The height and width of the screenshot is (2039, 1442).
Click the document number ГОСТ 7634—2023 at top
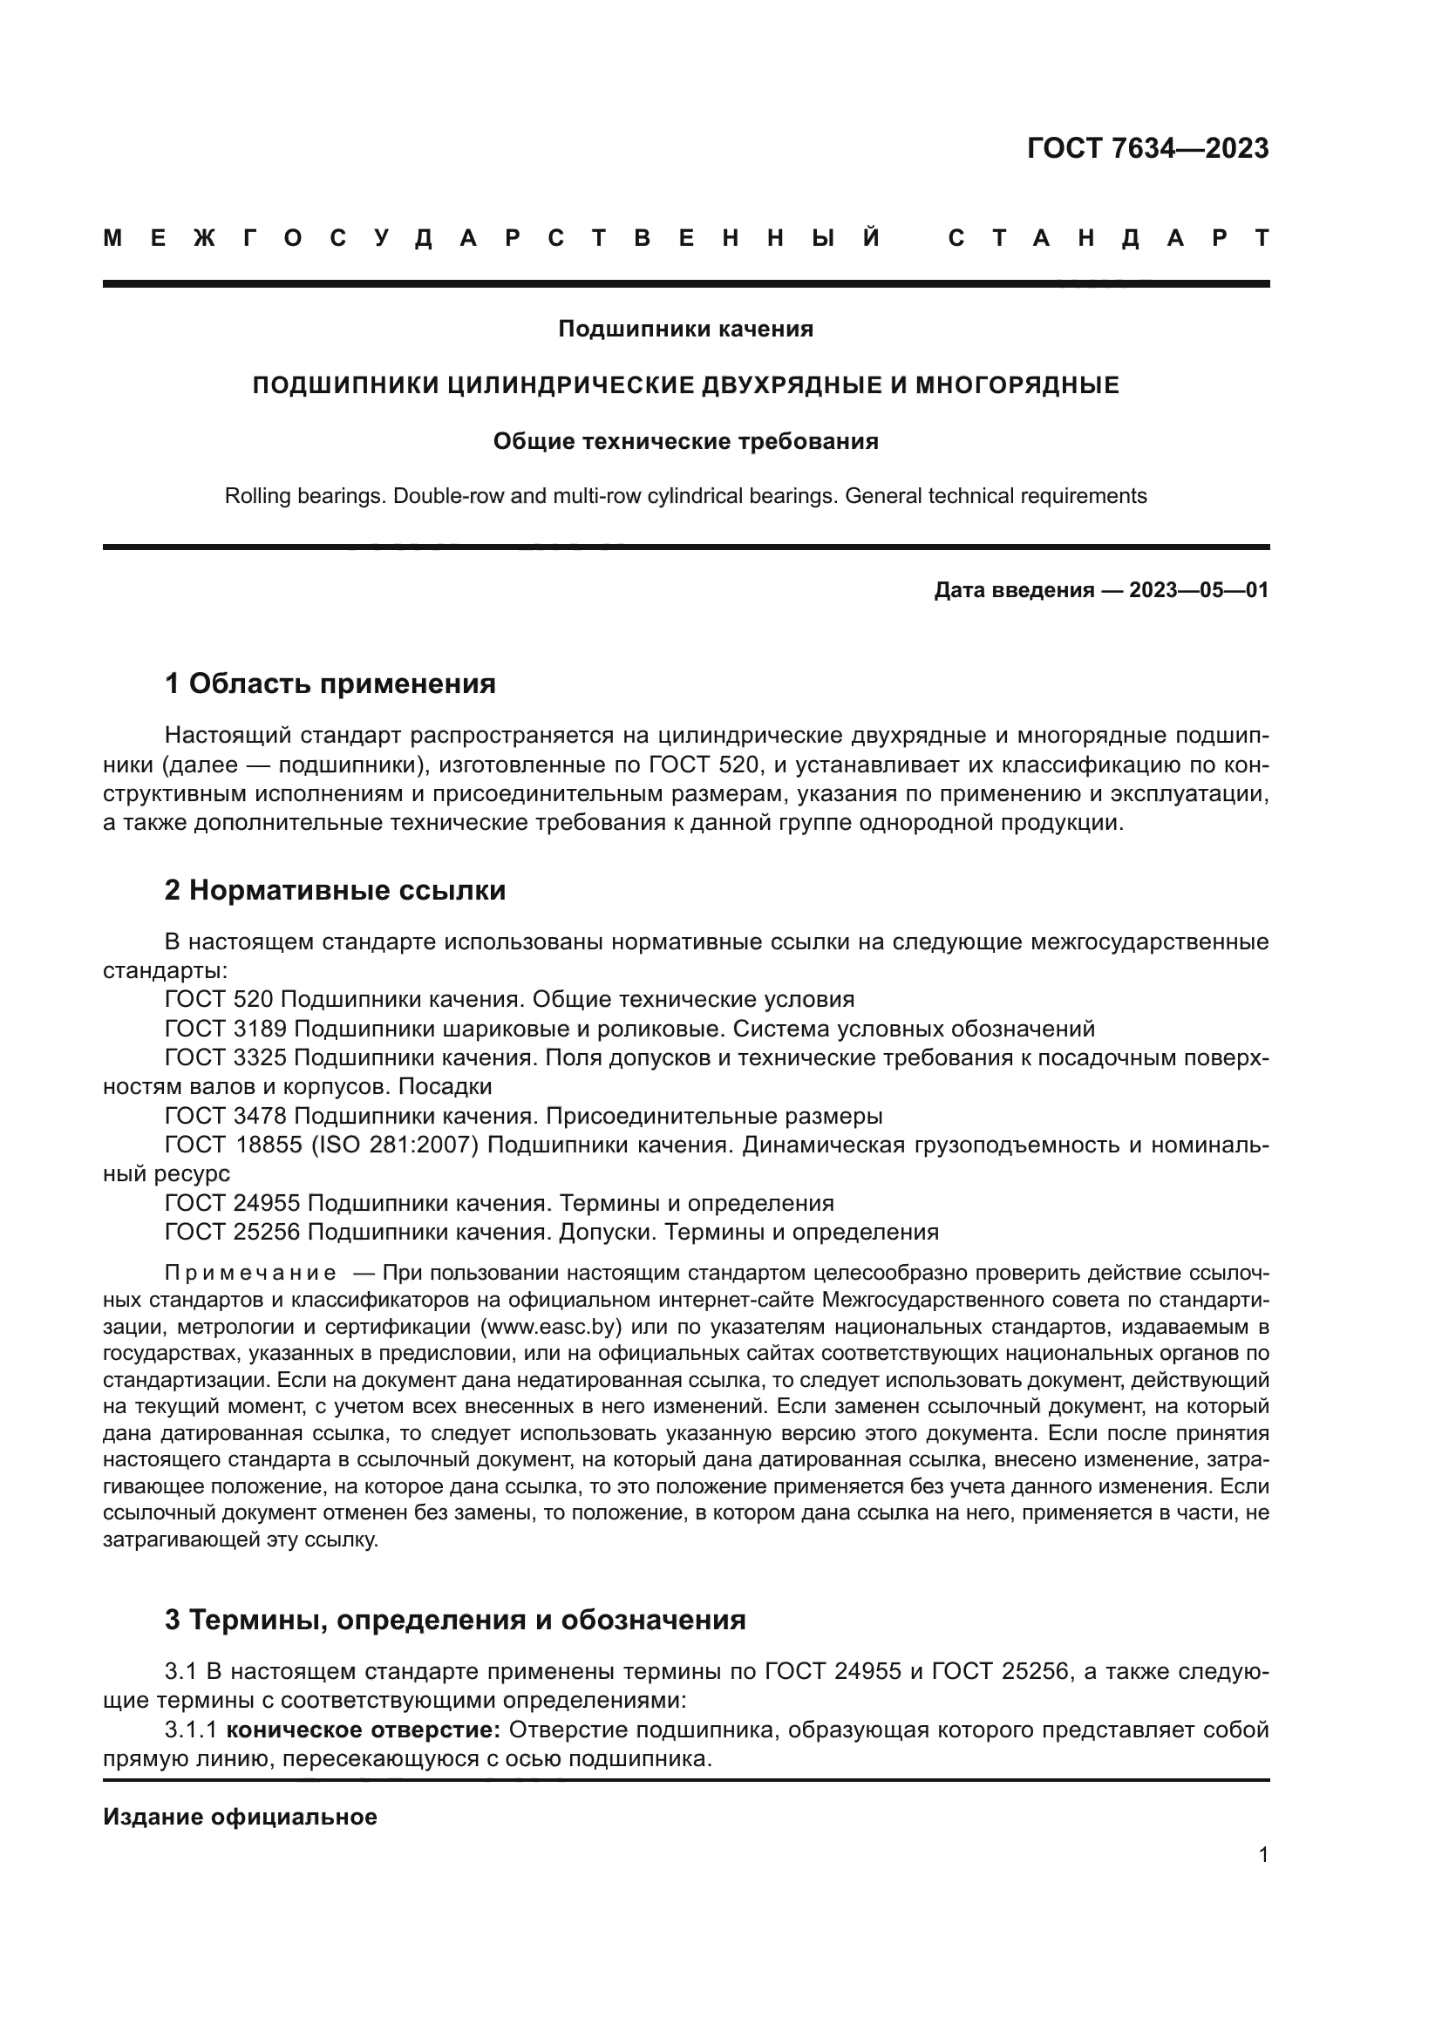pyautogui.click(x=1147, y=148)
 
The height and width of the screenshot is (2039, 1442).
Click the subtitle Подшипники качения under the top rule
pyautogui.click(x=685, y=330)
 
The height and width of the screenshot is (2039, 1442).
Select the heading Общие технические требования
pyautogui.click(x=685, y=441)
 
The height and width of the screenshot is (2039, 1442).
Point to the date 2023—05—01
pyautogui.click(x=1199, y=590)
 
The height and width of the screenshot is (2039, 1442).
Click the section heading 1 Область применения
pyautogui.click(x=330, y=683)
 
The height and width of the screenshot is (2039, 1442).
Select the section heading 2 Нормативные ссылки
pyautogui.click(x=335, y=890)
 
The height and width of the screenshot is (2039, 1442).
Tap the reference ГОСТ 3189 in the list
pyautogui.click(x=226, y=1030)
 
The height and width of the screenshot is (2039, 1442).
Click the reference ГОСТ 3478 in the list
pyautogui.click(x=226, y=1117)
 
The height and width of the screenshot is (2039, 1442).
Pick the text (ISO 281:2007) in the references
pyautogui.click(x=394, y=1145)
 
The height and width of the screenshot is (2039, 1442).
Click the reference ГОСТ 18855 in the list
pyautogui.click(x=233, y=1145)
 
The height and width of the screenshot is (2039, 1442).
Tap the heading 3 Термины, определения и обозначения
pyautogui.click(x=454, y=1620)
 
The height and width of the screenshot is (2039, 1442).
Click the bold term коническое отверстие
pyautogui.click(x=364, y=1730)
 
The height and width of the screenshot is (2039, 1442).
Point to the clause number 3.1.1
pyautogui.click(x=191, y=1730)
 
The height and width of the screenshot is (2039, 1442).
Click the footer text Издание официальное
pyautogui.click(x=240, y=1817)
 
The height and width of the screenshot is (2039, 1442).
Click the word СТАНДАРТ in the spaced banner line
pyautogui.click(x=1109, y=238)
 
